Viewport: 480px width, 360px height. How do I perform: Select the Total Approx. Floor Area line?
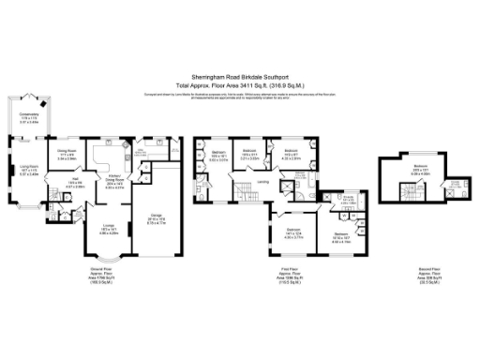pos(240,86)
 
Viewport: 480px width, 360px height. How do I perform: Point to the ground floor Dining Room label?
pos(67,156)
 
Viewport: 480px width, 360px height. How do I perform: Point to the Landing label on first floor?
pos(264,182)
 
